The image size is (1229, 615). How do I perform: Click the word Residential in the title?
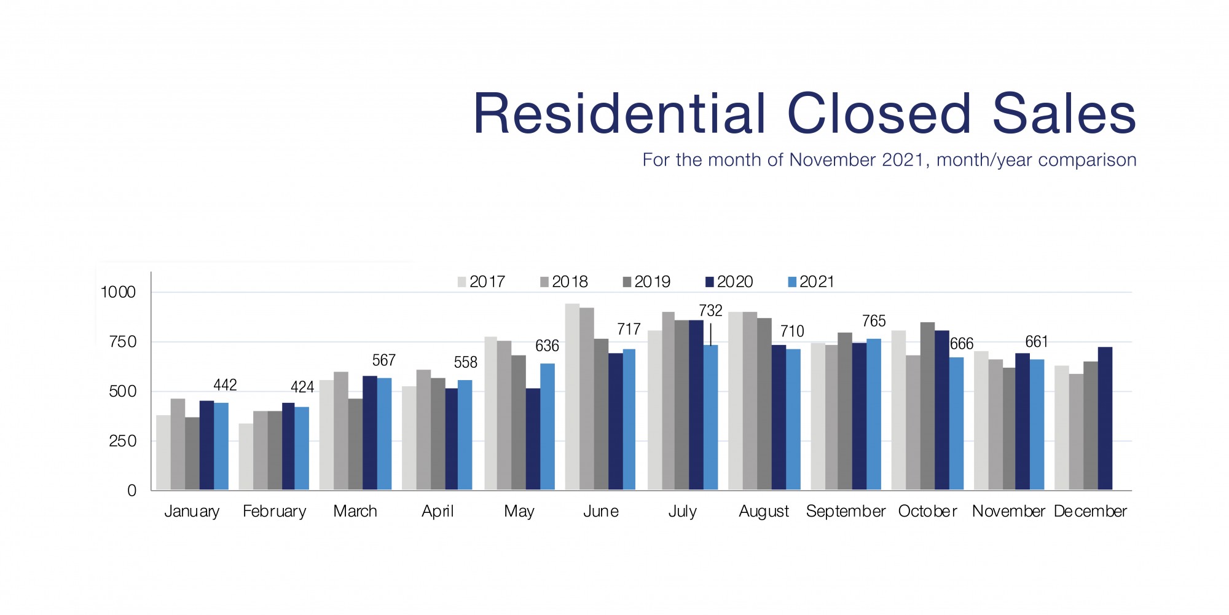point(620,114)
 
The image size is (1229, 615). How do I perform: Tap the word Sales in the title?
point(1064,114)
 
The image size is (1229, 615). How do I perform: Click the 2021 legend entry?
point(811,282)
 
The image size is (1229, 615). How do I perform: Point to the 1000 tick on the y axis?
point(118,292)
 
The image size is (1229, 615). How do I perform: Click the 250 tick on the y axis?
point(122,441)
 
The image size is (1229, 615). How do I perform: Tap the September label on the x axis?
point(846,511)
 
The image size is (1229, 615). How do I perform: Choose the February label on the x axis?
point(274,511)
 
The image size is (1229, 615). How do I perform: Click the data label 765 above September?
point(874,321)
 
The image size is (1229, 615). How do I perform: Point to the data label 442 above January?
point(225,385)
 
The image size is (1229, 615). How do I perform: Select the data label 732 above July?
point(710,311)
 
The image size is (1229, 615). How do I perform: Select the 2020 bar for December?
point(1105,418)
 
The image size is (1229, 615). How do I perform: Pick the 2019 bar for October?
point(927,406)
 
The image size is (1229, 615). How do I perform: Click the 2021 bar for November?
point(1037,424)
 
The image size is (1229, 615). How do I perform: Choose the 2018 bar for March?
point(341,430)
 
